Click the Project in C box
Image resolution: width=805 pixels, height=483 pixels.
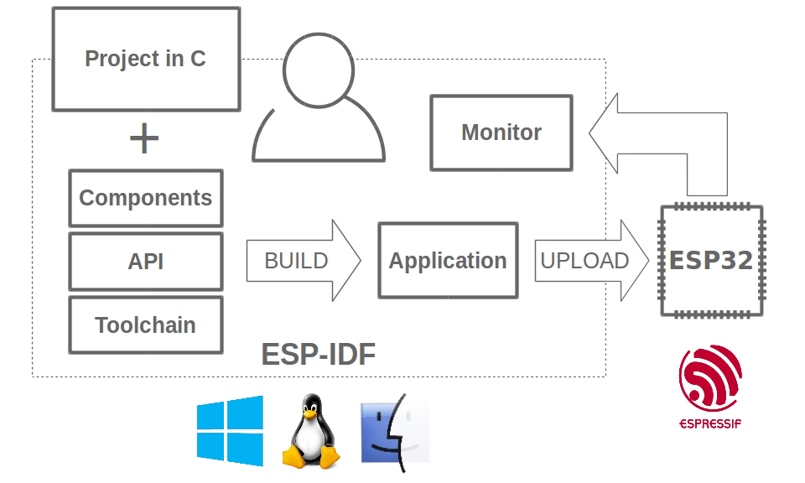click(x=146, y=59)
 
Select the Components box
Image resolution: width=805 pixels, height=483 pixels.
click(x=146, y=198)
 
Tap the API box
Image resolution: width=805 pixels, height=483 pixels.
click(x=146, y=262)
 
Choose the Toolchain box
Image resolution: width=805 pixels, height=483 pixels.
click(x=146, y=325)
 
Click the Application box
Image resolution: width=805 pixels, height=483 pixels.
click(x=448, y=261)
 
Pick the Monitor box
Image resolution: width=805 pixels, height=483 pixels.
click(x=501, y=132)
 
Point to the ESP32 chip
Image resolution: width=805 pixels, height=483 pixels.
click(x=711, y=261)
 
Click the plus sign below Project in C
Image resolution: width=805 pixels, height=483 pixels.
click(x=144, y=139)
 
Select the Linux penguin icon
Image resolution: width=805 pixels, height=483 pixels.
click(x=310, y=432)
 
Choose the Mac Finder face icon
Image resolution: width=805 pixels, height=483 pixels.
click(x=394, y=432)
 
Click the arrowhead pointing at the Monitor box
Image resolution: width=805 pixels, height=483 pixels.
click(x=605, y=132)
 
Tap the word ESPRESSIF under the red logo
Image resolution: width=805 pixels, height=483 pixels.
click(x=710, y=423)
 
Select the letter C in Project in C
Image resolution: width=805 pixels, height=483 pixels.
click(x=198, y=59)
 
